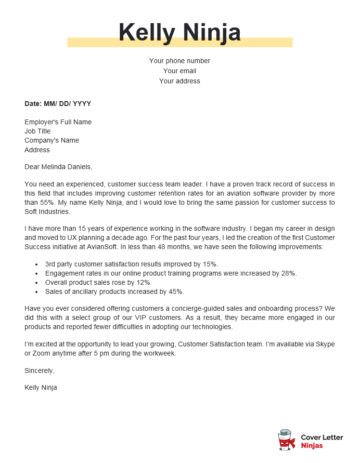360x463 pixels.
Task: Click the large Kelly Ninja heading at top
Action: point(180,33)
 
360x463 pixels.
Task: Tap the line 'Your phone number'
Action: point(180,61)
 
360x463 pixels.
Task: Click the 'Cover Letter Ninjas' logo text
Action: point(320,437)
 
